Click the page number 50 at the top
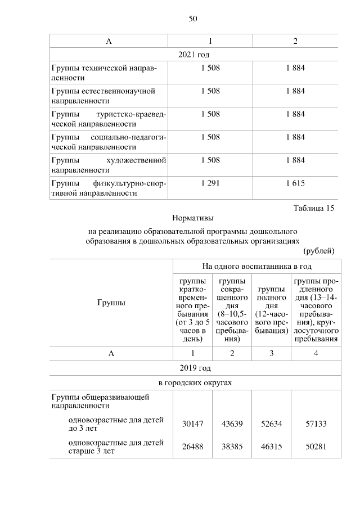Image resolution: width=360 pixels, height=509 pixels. point(193,19)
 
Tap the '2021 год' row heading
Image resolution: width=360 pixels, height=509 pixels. point(193,54)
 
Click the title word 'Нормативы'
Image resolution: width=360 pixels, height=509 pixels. point(193,217)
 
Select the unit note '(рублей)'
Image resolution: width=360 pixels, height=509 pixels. point(319,250)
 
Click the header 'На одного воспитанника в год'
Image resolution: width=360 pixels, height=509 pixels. point(257,265)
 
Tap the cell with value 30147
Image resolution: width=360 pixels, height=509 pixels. point(193,424)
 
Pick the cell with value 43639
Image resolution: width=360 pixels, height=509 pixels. point(232,424)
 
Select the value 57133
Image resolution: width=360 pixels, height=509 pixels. point(315,424)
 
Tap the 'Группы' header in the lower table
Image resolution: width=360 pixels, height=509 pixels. point(111,302)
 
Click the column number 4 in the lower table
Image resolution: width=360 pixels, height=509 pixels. point(316,353)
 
